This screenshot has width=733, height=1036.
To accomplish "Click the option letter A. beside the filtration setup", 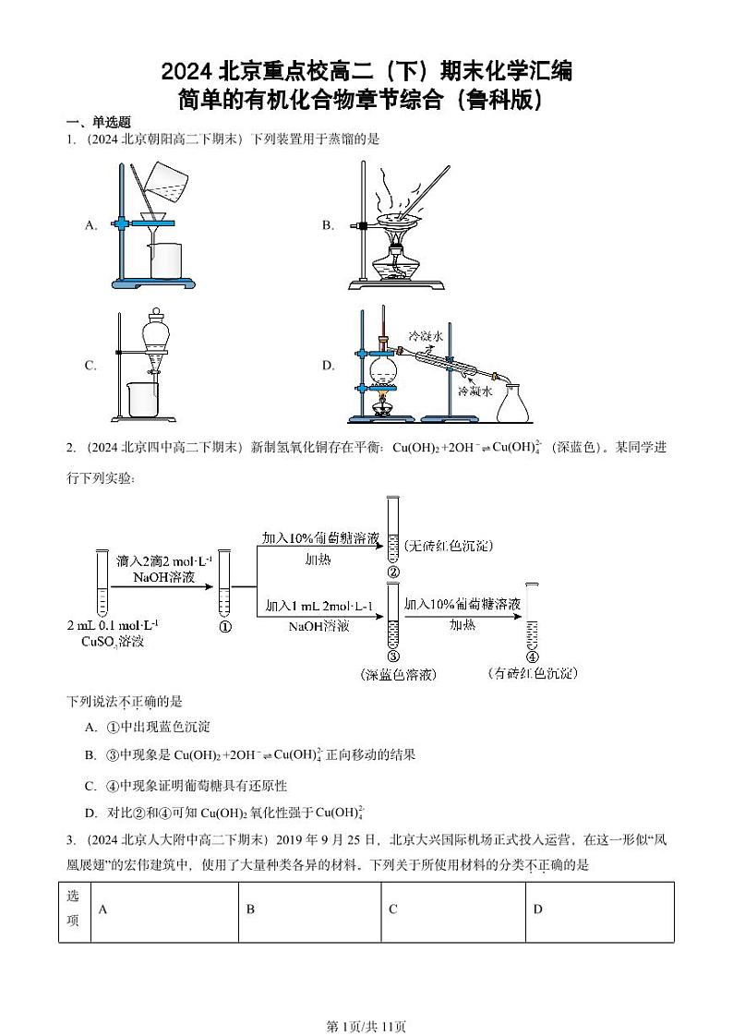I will (x=91, y=225).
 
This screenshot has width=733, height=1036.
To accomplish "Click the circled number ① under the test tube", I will (x=224, y=626).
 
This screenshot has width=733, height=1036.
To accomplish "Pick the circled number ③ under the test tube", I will (x=392, y=656).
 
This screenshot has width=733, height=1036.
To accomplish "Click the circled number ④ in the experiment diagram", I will (x=532, y=656).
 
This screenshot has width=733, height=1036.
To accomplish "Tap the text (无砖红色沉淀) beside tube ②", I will (x=447, y=547).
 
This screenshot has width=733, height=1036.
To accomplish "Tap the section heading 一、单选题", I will (x=98, y=122).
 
